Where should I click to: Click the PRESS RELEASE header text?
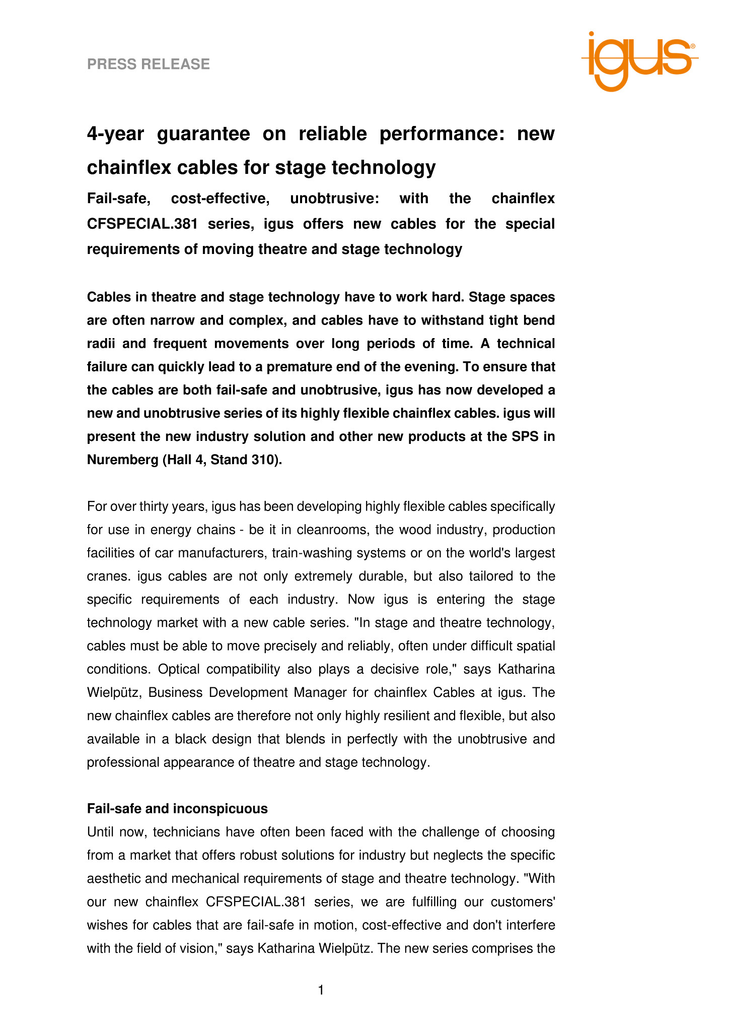[x=148, y=64]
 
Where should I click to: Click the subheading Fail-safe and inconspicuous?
[x=177, y=809]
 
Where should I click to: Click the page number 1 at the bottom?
[x=321, y=991]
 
